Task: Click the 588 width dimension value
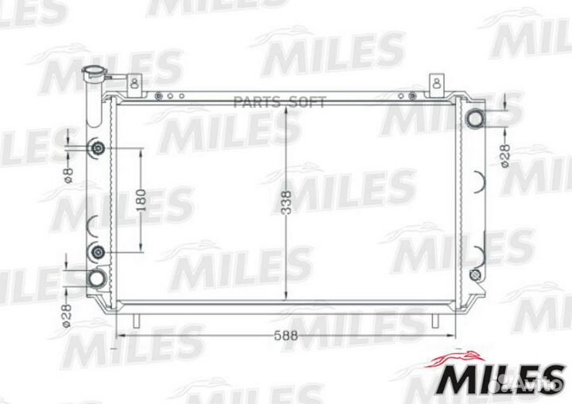[x=288, y=336]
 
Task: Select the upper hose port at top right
[x=475, y=119]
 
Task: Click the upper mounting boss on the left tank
[x=98, y=149]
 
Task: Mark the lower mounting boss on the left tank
[x=98, y=252]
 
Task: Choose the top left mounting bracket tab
[x=135, y=81]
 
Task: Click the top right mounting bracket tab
[x=435, y=82]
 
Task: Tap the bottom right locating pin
[x=435, y=319]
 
